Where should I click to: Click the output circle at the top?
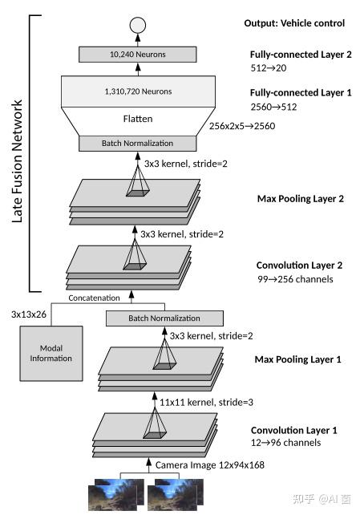tap(138, 23)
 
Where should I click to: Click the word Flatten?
tap(137, 119)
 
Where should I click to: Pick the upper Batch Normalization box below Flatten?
tap(137, 144)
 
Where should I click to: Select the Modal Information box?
tap(51, 353)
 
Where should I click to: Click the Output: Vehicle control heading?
tap(294, 23)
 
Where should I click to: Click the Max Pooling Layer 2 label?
tap(300, 198)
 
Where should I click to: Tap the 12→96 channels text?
tap(286, 443)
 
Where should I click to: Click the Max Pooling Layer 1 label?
tap(297, 359)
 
